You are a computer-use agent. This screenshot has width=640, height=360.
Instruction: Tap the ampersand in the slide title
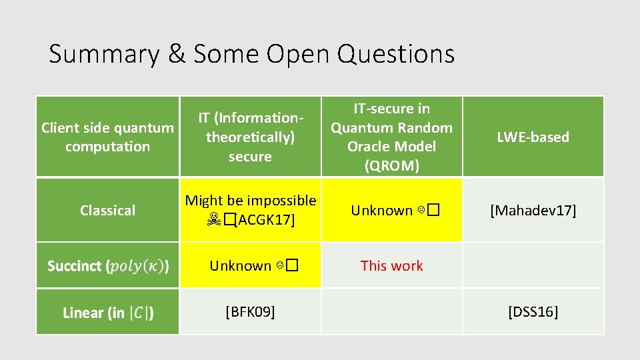click(x=177, y=54)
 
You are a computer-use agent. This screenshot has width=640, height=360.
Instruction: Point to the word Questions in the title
click(x=396, y=54)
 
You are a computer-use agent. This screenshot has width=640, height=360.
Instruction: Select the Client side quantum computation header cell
click(x=107, y=137)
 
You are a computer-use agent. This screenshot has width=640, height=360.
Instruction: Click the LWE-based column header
click(x=533, y=137)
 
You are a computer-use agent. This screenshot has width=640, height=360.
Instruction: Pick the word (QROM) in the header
click(x=392, y=165)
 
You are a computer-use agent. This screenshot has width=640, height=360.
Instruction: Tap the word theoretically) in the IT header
click(x=250, y=137)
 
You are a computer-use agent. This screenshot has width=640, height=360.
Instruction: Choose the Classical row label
click(x=107, y=210)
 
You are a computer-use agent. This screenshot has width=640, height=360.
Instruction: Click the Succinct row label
click(x=107, y=265)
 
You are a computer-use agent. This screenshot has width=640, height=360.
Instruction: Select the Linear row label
click(x=107, y=312)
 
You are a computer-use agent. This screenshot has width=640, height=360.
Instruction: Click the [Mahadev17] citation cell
click(x=533, y=211)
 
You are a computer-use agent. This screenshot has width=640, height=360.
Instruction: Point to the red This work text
click(x=392, y=265)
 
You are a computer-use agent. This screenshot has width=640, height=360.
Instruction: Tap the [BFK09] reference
click(x=250, y=311)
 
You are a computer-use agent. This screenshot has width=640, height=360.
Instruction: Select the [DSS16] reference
click(x=533, y=311)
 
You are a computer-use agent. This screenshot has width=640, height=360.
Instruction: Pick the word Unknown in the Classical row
click(x=382, y=211)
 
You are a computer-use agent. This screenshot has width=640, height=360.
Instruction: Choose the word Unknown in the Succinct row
click(x=241, y=265)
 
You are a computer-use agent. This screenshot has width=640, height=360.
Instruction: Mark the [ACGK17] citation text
click(x=265, y=220)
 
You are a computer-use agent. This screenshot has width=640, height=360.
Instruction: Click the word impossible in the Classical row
click(x=282, y=200)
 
